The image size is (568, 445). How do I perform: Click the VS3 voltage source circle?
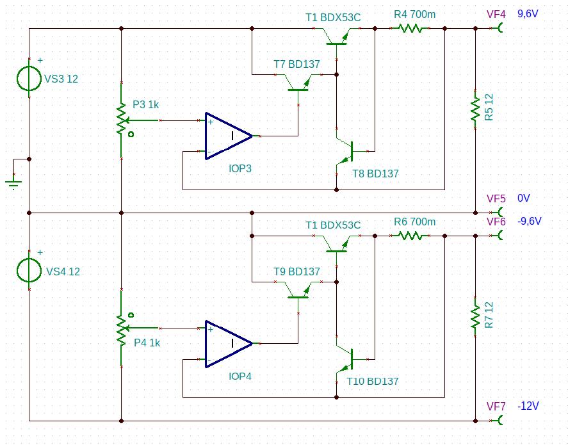point(29,78)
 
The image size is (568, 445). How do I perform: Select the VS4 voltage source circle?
point(29,270)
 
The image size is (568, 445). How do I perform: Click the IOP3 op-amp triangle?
point(229,136)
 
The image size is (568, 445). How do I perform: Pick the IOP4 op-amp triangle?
point(229,344)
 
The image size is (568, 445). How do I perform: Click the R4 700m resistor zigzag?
point(410,28)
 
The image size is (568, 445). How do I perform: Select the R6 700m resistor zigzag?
point(410,236)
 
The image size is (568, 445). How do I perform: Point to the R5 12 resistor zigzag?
point(475,109)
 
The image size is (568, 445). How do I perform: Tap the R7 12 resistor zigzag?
point(475,316)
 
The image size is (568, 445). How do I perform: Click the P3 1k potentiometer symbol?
point(122,120)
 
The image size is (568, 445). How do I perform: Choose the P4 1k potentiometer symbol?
point(122,328)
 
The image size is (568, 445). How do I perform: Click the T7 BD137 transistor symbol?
point(298,83)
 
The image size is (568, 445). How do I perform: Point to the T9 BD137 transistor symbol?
point(298,290)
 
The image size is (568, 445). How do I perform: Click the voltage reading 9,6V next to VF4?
point(528,14)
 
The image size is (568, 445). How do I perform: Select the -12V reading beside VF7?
point(528,406)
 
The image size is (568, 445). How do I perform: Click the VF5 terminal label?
point(496,198)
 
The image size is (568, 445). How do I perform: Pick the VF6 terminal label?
point(496,222)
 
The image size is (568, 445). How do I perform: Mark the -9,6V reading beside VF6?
point(529,222)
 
